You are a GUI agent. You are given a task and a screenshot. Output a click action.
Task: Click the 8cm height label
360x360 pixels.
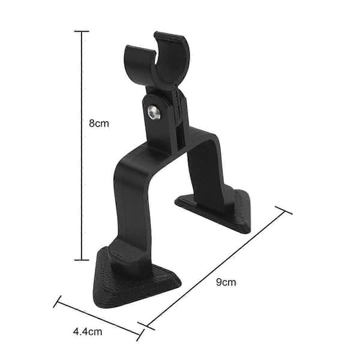pyautogui.click(x=99, y=124)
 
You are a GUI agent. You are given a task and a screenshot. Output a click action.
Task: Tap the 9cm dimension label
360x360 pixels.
pyautogui.click(x=226, y=282)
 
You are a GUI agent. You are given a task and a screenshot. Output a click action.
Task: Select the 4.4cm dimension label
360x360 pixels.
pyautogui.click(x=88, y=332)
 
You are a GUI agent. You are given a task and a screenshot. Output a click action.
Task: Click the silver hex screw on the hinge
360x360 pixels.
pyautogui.click(x=154, y=112)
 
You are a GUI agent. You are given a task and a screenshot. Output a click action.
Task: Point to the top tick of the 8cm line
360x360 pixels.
pyautogui.click(x=82, y=31)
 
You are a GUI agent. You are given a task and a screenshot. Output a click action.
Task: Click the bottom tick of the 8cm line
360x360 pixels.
pyautogui.click(x=82, y=260)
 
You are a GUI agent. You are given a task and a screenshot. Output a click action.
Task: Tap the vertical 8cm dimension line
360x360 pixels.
pyautogui.click(x=82, y=146)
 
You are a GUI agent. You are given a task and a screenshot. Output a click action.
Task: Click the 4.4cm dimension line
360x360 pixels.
pyautogui.click(x=98, y=318)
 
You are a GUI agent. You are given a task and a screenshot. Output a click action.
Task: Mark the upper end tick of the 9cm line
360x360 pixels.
pyautogui.click(x=284, y=211)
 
